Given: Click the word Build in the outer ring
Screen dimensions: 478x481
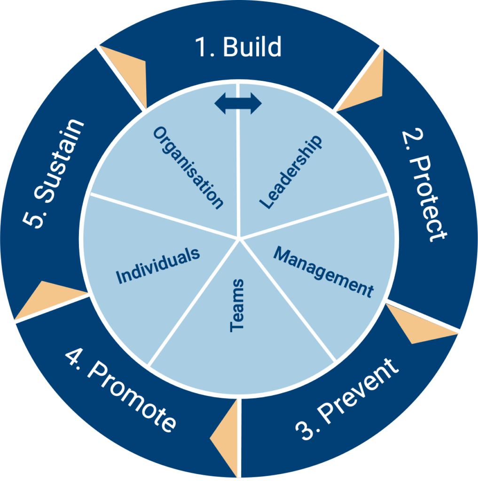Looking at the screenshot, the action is click(252, 47).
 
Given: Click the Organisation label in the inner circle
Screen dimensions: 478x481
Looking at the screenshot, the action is click(188, 168).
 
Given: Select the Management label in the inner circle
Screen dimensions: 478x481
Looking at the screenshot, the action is click(323, 272).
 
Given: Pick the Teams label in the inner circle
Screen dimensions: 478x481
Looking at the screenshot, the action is click(237, 305).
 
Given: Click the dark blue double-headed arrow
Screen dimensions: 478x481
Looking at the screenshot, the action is click(238, 103).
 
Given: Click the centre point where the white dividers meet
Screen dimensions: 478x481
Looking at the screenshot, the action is click(239, 238).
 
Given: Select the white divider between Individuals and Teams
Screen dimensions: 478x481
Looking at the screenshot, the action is click(193, 302).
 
